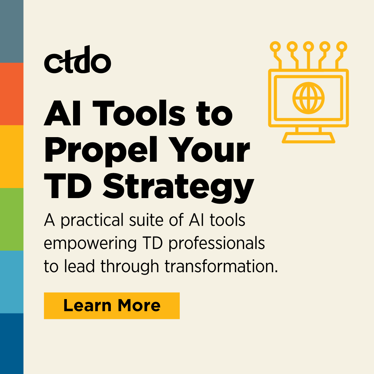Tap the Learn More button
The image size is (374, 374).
112,305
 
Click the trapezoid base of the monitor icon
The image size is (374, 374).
309,137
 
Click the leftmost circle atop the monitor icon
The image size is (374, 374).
275,46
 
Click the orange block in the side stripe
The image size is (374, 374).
11,94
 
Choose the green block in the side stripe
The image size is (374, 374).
11,219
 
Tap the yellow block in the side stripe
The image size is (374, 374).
11,157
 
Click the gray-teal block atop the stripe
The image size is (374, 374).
11,31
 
